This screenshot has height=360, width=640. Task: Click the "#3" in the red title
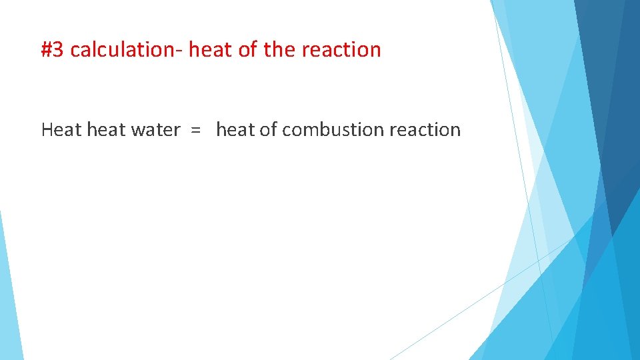[53, 50]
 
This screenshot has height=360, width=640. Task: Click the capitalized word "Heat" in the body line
[61, 129]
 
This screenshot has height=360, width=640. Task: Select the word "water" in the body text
[155, 129]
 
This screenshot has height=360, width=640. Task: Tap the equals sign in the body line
[195, 130]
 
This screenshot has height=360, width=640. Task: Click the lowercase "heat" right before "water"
[107, 129]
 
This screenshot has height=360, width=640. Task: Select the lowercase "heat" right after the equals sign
[235, 129]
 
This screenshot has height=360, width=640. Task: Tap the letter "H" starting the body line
[47, 129]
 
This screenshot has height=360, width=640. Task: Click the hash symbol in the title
[47, 50]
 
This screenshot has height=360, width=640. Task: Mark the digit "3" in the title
[59, 50]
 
